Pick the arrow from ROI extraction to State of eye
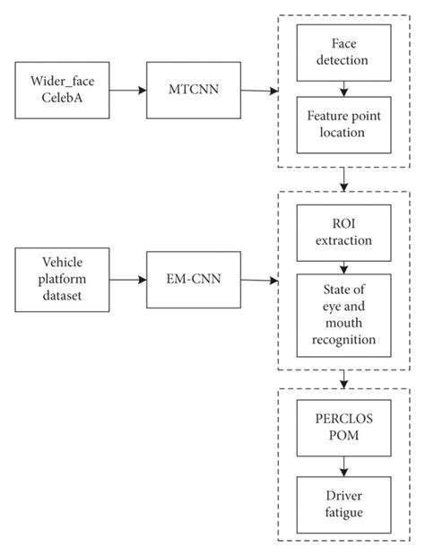click(343, 267)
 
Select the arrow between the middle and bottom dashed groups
click(343, 379)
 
